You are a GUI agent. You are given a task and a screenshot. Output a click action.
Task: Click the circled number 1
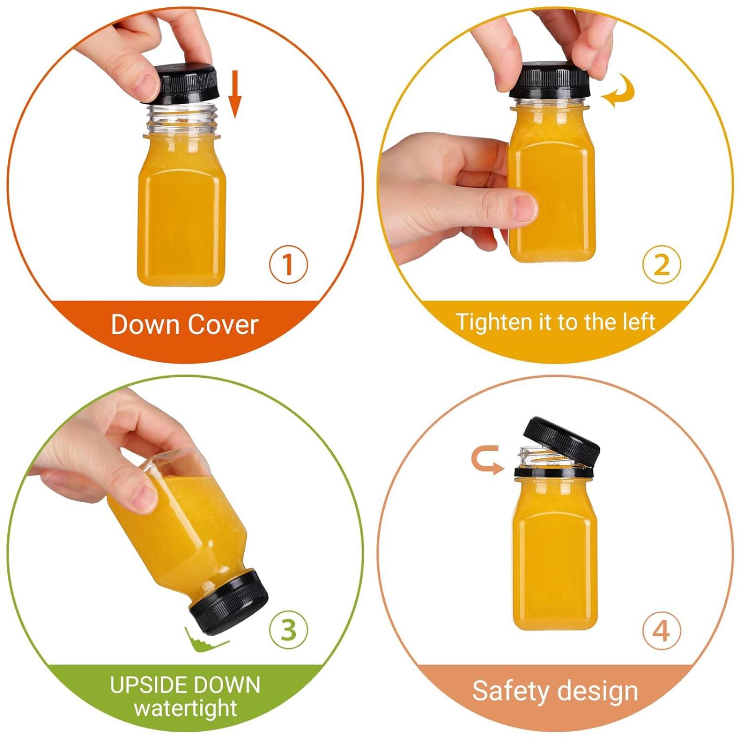coord(288,265)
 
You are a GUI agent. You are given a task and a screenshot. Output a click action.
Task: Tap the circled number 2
coord(662,265)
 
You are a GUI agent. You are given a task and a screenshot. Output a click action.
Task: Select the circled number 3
coord(289,629)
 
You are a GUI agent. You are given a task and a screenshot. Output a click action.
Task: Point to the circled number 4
coord(662,630)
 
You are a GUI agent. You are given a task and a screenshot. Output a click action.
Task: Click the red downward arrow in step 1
coord(235,94)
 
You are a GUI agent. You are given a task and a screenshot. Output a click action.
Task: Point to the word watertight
coord(185,708)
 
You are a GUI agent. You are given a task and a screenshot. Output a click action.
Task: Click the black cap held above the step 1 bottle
coord(185,83)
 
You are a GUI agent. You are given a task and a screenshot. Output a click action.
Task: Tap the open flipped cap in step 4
coord(561,441)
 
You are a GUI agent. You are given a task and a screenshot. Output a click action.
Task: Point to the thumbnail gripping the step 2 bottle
coord(524,207)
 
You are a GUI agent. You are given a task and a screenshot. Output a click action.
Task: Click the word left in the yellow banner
coord(638,322)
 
